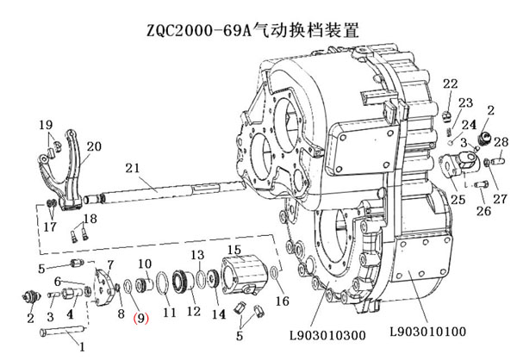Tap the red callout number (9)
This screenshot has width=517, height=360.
click(140, 317)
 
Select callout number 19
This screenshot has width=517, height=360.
click(45, 126)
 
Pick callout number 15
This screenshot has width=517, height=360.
click(233, 249)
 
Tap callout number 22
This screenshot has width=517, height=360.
click(450, 84)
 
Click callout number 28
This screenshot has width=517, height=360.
click(502, 141)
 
